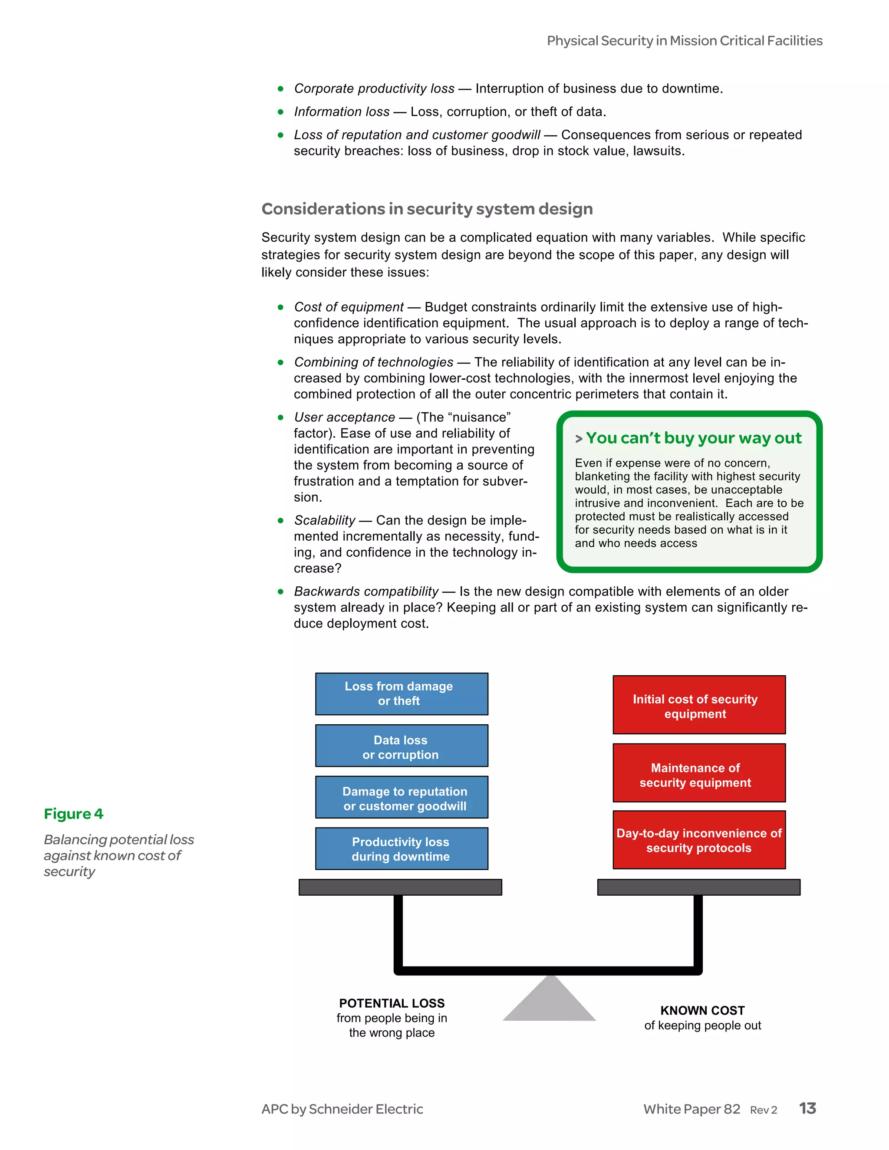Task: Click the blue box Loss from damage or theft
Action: [402, 693]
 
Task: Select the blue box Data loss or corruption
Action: [402, 746]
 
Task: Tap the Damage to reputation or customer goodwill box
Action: [402, 797]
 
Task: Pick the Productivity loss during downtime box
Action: [402, 848]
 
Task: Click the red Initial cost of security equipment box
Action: [699, 704]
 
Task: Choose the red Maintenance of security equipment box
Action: [699, 773]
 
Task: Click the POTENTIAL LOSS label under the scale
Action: [392, 1003]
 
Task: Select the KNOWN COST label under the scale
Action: [703, 1010]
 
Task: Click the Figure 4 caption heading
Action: [74, 814]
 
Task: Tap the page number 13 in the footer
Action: [807, 1108]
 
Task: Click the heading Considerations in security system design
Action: [427, 209]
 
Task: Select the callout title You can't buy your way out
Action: [693, 438]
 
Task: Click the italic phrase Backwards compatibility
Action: [366, 591]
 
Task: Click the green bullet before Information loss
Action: [281, 112]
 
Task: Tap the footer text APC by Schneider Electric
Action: [342, 1109]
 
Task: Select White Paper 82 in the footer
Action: [691, 1109]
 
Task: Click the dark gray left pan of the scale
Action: [400, 887]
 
